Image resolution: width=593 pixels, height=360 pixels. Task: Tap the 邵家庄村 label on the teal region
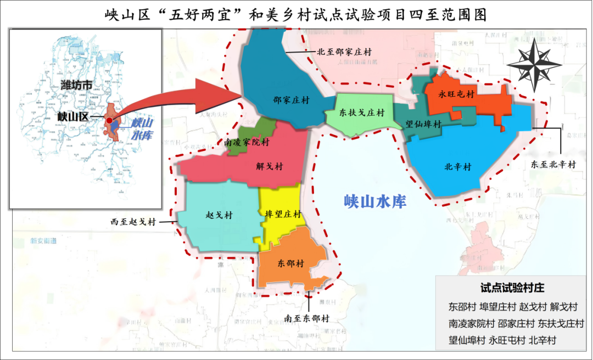pyautogui.click(x=291, y=100)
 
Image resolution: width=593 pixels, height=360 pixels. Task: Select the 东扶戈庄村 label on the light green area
pyautogui.click(x=361, y=113)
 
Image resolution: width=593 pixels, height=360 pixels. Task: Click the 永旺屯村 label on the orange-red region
pyautogui.click(x=456, y=94)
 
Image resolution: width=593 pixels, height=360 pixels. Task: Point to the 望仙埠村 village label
pyautogui.click(x=423, y=125)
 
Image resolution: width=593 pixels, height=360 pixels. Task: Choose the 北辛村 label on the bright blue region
pyautogui.click(x=458, y=166)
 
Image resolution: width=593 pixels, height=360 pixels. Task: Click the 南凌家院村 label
pyautogui.click(x=247, y=142)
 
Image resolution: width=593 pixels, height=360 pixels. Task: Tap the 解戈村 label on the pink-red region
pyautogui.click(x=270, y=165)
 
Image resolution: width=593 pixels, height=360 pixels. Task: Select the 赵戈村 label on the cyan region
pyautogui.click(x=219, y=216)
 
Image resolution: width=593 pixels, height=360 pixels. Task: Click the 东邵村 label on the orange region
pyautogui.click(x=290, y=263)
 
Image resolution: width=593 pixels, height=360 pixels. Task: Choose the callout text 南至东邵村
pyautogui.click(x=307, y=318)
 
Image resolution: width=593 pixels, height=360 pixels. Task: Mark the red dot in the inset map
pyautogui.click(x=110, y=120)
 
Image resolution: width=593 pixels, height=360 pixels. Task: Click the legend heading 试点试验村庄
pyautogui.click(x=512, y=288)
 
